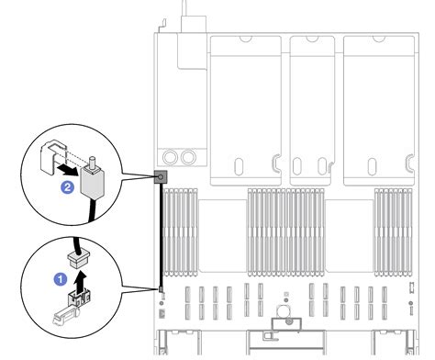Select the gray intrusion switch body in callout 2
[96, 183]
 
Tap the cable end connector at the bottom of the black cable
[162, 291]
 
